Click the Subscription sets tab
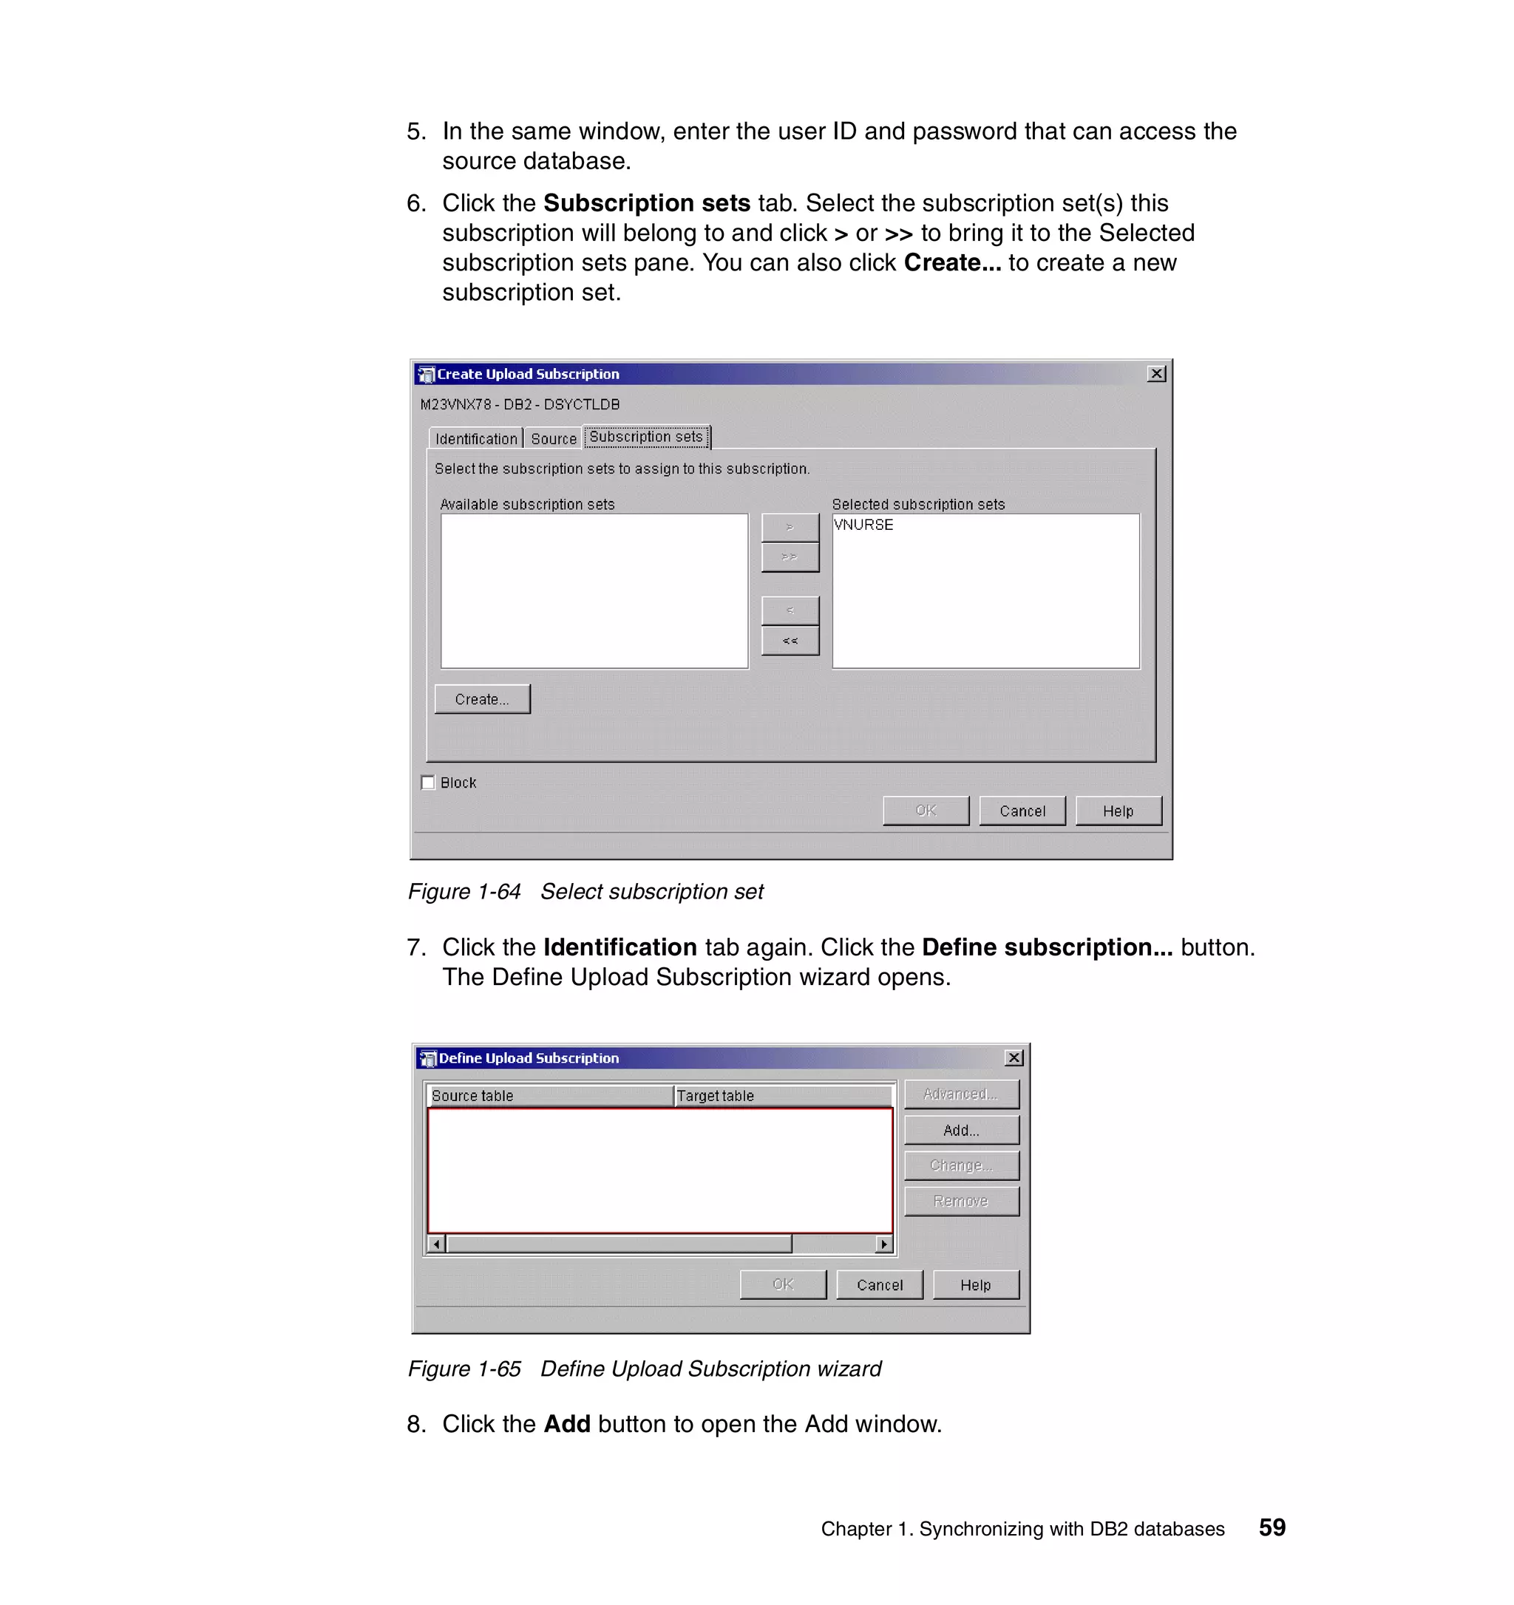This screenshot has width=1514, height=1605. [645, 437]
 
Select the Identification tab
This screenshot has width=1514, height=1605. [475, 438]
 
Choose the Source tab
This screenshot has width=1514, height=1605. [553, 438]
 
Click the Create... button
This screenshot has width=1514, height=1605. [482, 699]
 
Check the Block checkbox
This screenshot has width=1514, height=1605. [428, 783]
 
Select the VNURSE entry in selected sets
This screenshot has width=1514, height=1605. [863, 525]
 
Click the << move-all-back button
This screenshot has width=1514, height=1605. [790, 640]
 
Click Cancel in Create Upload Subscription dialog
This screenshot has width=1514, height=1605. [1022, 811]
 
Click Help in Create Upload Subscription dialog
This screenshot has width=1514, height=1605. [1118, 811]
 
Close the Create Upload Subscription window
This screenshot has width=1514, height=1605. [1156, 374]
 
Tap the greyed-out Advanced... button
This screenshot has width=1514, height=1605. [961, 1094]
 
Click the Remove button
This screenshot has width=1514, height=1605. [961, 1201]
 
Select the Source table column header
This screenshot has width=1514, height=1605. [549, 1096]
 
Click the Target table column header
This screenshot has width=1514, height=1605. [781, 1096]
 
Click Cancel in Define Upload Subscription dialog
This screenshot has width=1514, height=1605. [879, 1284]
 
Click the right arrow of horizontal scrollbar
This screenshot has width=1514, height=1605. [884, 1244]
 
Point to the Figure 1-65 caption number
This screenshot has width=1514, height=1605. [464, 1369]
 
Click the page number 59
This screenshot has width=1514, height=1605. [1272, 1527]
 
